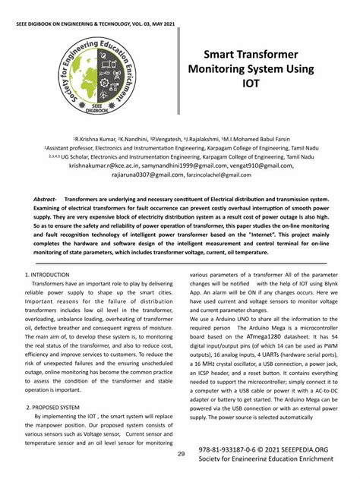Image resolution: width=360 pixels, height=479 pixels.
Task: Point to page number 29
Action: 182,454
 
